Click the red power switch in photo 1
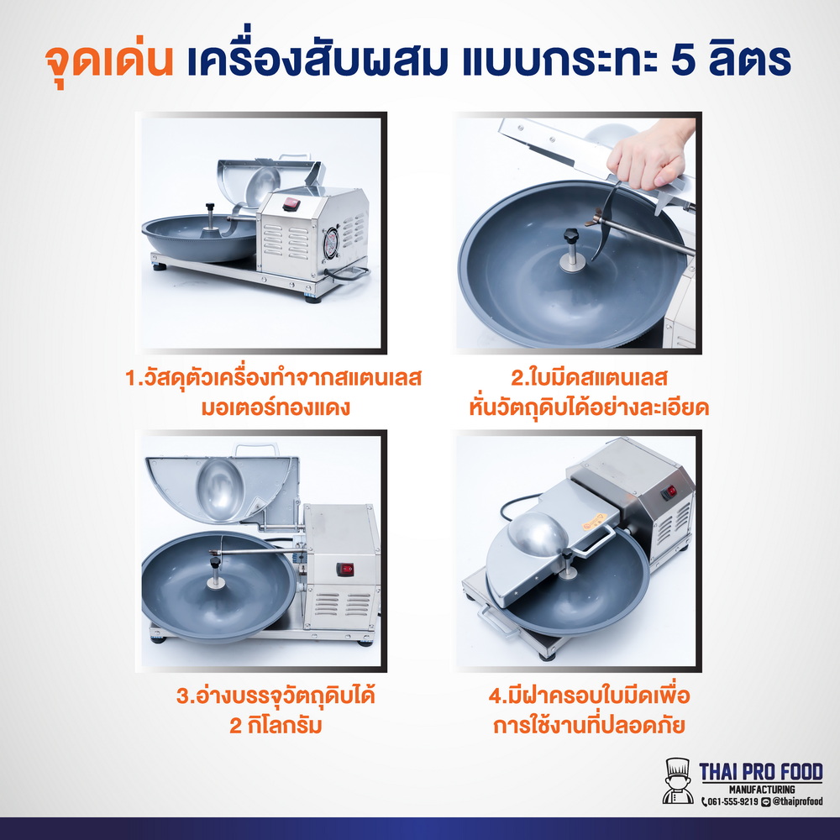[291, 202]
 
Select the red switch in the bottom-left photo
[345, 569]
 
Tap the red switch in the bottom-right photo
[669, 492]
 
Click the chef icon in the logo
[676, 780]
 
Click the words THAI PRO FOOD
[761, 772]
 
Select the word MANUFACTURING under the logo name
[761, 790]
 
